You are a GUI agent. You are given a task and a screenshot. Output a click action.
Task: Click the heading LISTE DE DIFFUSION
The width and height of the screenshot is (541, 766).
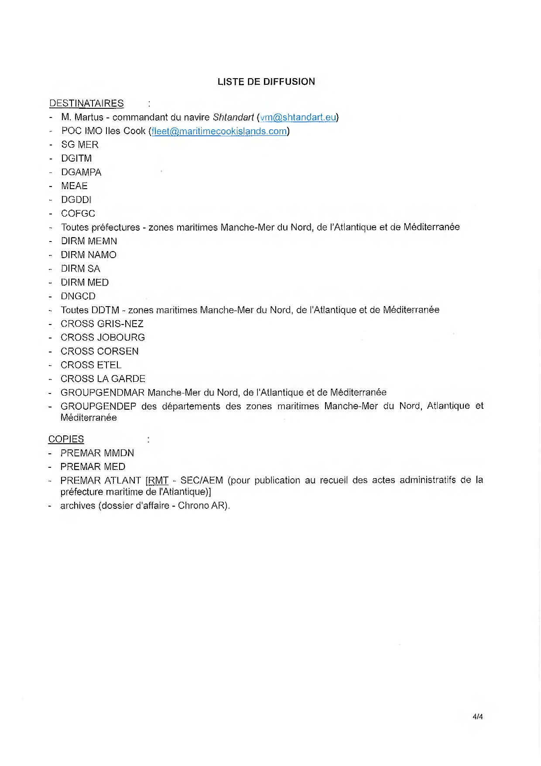click(266, 82)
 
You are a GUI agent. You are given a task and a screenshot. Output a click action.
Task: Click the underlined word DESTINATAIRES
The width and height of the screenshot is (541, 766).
click(86, 104)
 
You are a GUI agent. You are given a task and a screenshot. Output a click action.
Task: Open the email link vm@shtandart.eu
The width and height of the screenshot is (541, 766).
click(298, 117)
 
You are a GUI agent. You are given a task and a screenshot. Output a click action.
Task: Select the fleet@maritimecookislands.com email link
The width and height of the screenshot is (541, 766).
click(219, 131)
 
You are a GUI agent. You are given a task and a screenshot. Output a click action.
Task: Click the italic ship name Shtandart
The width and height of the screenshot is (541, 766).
click(233, 117)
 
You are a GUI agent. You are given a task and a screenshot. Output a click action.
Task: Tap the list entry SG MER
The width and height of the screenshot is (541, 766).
click(80, 145)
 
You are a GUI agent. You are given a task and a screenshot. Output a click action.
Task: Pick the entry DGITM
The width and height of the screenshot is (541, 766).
click(76, 159)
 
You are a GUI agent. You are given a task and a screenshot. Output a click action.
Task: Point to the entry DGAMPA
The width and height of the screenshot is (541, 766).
click(81, 172)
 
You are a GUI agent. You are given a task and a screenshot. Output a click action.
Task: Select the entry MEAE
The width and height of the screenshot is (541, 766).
click(74, 186)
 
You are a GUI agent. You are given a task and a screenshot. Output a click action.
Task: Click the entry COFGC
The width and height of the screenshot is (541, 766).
click(78, 214)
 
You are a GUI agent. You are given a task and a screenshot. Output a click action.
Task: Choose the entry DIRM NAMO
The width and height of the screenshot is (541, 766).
click(89, 255)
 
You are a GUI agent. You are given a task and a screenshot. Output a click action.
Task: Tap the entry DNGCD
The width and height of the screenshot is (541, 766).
click(78, 296)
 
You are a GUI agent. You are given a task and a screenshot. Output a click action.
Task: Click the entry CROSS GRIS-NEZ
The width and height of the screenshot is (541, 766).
click(102, 324)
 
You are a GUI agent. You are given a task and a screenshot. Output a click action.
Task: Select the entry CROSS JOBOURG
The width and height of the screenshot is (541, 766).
click(103, 338)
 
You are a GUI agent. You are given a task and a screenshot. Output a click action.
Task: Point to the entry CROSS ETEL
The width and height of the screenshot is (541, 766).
click(91, 365)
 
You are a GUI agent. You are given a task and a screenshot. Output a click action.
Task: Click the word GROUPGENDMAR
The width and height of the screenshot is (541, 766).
click(103, 393)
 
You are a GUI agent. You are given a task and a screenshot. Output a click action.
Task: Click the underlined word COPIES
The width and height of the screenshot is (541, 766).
click(66, 439)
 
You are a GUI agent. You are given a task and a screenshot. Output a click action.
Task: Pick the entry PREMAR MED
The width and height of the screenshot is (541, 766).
click(93, 467)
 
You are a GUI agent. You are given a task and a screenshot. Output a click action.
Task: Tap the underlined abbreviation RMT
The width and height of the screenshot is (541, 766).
click(158, 481)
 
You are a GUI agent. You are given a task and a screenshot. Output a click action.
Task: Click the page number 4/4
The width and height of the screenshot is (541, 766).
click(477, 717)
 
